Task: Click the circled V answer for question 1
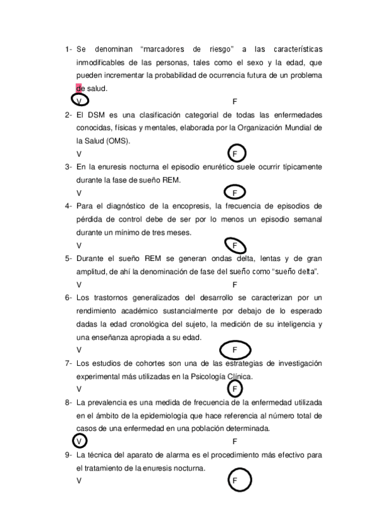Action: point(79,100)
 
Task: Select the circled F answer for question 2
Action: point(235,154)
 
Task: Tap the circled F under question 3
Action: point(235,193)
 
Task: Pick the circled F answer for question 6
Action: point(235,349)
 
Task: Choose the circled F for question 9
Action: point(235,481)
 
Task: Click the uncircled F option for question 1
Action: point(235,101)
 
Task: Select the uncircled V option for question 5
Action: point(78,284)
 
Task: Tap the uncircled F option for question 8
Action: point(235,441)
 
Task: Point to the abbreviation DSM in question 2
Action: point(95,115)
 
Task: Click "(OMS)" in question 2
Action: point(117,141)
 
